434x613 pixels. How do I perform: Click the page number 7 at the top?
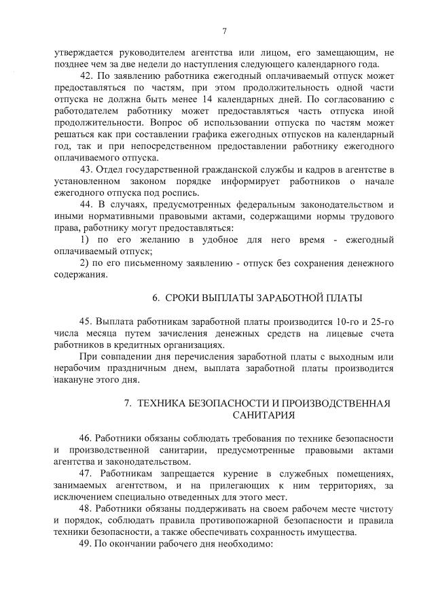coord(223,31)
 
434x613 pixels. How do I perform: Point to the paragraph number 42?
coord(86,75)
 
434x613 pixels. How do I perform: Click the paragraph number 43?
coord(86,169)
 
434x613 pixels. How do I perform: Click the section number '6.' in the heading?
coord(155,298)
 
